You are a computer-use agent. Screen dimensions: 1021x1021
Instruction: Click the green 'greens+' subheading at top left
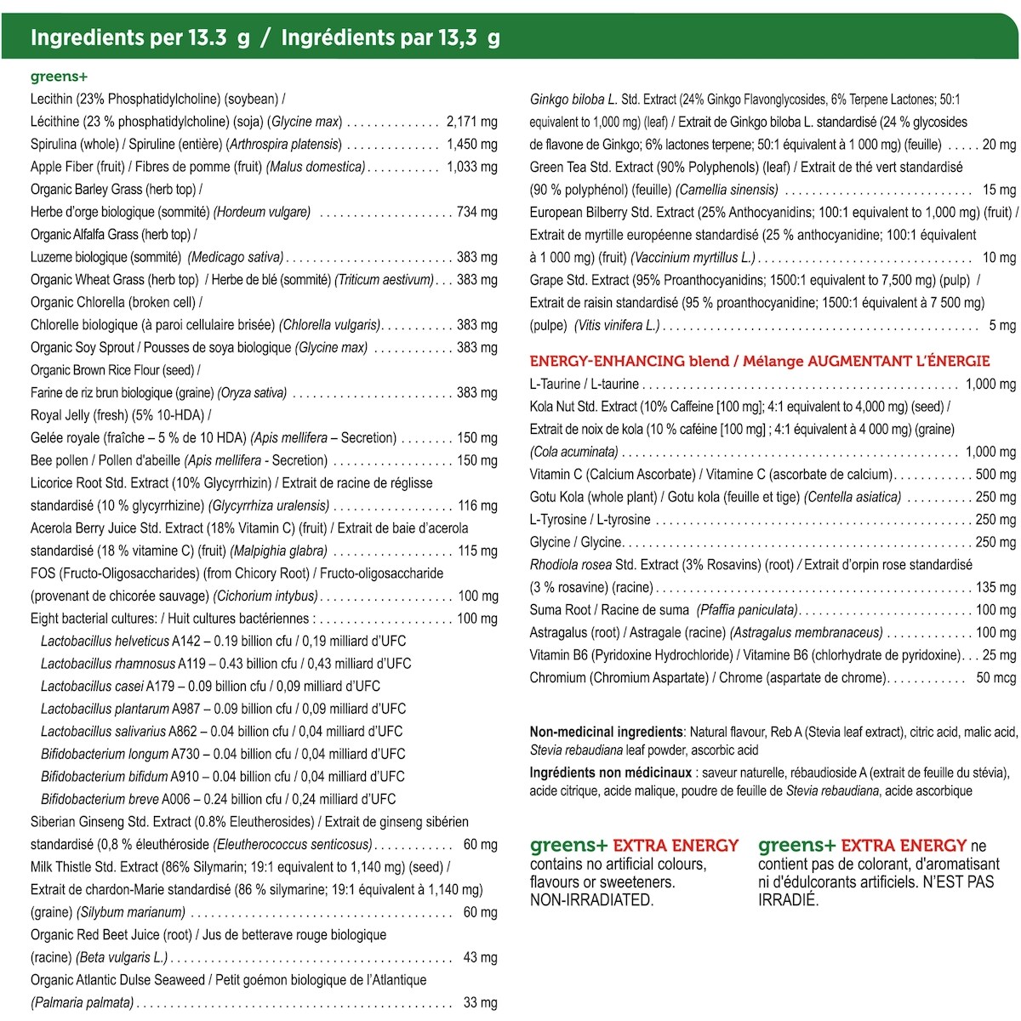pyautogui.click(x=59, y=77)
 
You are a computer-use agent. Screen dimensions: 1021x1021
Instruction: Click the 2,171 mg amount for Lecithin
pyautogui.click(x=472, y=122)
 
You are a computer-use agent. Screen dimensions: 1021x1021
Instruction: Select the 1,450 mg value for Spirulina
pyautogui.click(x=472, y=145)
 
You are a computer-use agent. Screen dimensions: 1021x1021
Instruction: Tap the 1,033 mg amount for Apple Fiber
pyautogui.click(x=472, y=167)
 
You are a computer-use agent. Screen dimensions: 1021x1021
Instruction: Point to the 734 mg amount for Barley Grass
pyautogui.click(x=477, y=212)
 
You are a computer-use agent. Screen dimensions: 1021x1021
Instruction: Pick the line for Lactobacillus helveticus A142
pyautogui.click(x=223, y=641)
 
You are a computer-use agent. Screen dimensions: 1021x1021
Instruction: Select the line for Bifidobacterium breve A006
pyautogui.click(x=218, y=799)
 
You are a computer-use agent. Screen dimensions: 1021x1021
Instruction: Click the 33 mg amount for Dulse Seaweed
pyautogui.click(x=481, y=1002)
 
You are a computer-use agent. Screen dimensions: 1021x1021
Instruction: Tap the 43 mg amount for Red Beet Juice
pyautogui.click(x=481, y=957)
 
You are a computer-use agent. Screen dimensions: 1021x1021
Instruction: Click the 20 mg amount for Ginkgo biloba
pyautogui.click(x=999, y=145)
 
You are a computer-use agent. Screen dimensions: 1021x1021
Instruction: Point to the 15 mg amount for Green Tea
pyautogui.click(x=999, y=190)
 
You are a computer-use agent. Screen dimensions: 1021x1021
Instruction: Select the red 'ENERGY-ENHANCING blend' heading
pyautogui.click(x=632, y=361)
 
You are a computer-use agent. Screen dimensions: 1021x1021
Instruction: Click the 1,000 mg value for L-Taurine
pyautogui.click(x=990, y=384)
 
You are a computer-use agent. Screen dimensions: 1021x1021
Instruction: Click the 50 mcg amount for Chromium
pyautogui.click(x=995, y=677)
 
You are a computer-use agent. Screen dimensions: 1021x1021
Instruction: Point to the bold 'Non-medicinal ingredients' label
pyautogui.click(x=606, y=732)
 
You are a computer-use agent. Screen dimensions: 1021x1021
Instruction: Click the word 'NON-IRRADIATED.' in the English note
pyautogui.click(x=591, y=899)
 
